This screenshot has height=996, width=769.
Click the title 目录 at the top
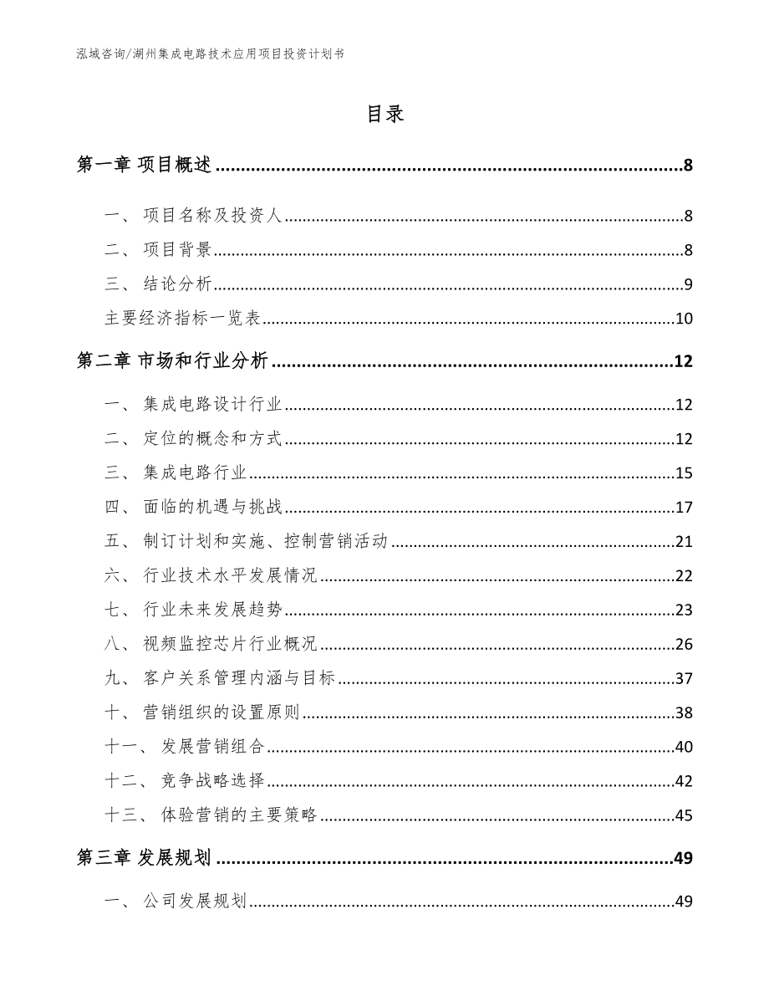(384, 115)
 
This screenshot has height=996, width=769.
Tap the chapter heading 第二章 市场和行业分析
(171, 361)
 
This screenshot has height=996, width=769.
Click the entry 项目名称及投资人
(214, 217)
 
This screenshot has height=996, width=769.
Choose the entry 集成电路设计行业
(213, 406)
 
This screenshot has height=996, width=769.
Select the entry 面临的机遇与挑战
(214, 508)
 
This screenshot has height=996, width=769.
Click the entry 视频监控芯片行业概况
(231, 644)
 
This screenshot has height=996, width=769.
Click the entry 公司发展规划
(194, 902)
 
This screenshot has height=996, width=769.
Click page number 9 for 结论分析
(687, 285)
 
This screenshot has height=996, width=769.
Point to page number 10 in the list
(683, 319)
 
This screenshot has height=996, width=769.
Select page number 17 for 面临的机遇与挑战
(683, 508)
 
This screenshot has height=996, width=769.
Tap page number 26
(683, 644)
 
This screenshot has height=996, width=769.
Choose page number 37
(683, 678)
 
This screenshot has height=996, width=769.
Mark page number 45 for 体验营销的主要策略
(683, 815)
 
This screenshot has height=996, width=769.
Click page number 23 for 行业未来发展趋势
(683, 610)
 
